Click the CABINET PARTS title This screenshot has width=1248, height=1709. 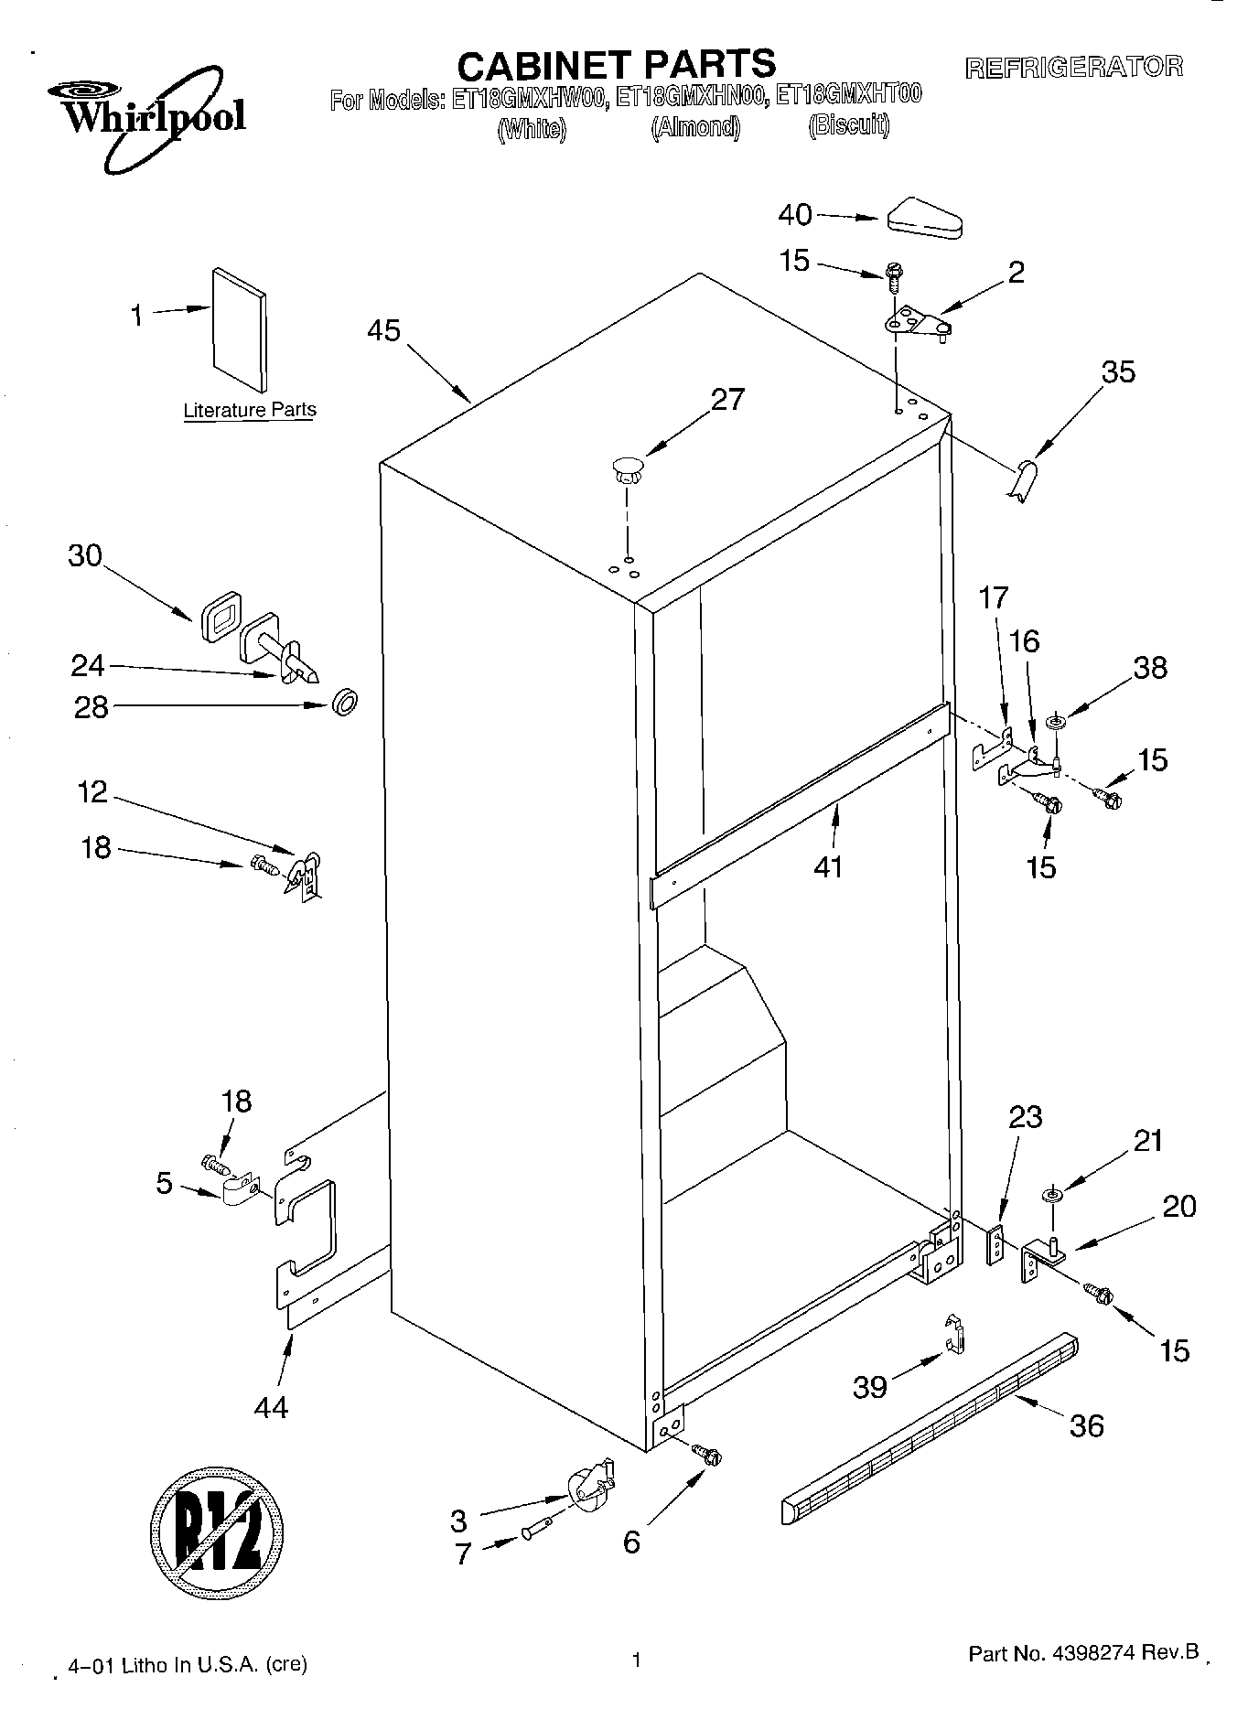[616, 65]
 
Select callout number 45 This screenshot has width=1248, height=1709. [383, 330]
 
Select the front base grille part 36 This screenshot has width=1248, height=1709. [930, 1427]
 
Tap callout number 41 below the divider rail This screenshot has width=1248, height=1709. [828, 865]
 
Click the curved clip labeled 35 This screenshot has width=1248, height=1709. [1024, 479]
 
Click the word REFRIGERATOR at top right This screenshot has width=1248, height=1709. [1074, 67]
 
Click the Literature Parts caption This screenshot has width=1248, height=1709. [249, 410]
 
